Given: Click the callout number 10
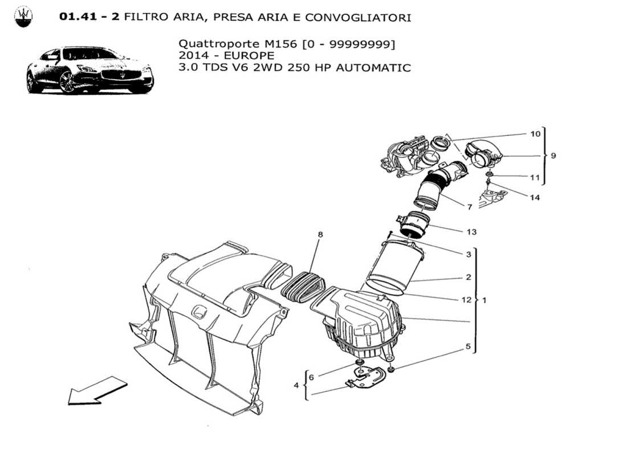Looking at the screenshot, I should tap(535, 134).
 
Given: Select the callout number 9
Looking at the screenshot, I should tap(553, 155).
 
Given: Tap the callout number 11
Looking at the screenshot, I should tap(535, 177).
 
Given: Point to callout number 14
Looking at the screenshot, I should tap(535, 198).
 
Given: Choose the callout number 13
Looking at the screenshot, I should tap(471, 232).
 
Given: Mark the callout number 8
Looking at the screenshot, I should tap(320, 234).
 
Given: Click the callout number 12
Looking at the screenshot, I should tap(467, 299).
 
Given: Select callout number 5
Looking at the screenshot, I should tap(468, 346).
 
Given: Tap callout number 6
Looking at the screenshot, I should tap(311, 377).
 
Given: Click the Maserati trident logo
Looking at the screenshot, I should tap(23, 17).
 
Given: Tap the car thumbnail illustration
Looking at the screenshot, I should tap(90, 70).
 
